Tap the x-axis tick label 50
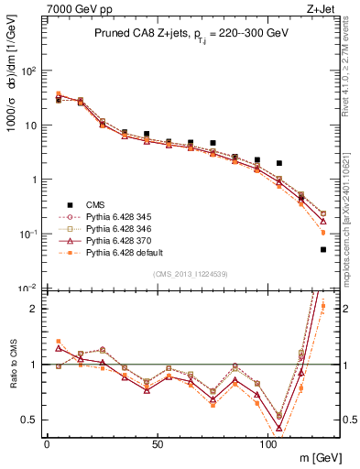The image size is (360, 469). [158, 445]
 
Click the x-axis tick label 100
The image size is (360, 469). [268, 445]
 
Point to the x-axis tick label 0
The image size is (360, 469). [47, 445]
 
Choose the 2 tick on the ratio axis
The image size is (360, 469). [35, 309]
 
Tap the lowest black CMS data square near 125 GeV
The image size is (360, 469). [323, 249]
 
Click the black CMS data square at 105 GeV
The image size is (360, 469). [279, 163]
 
